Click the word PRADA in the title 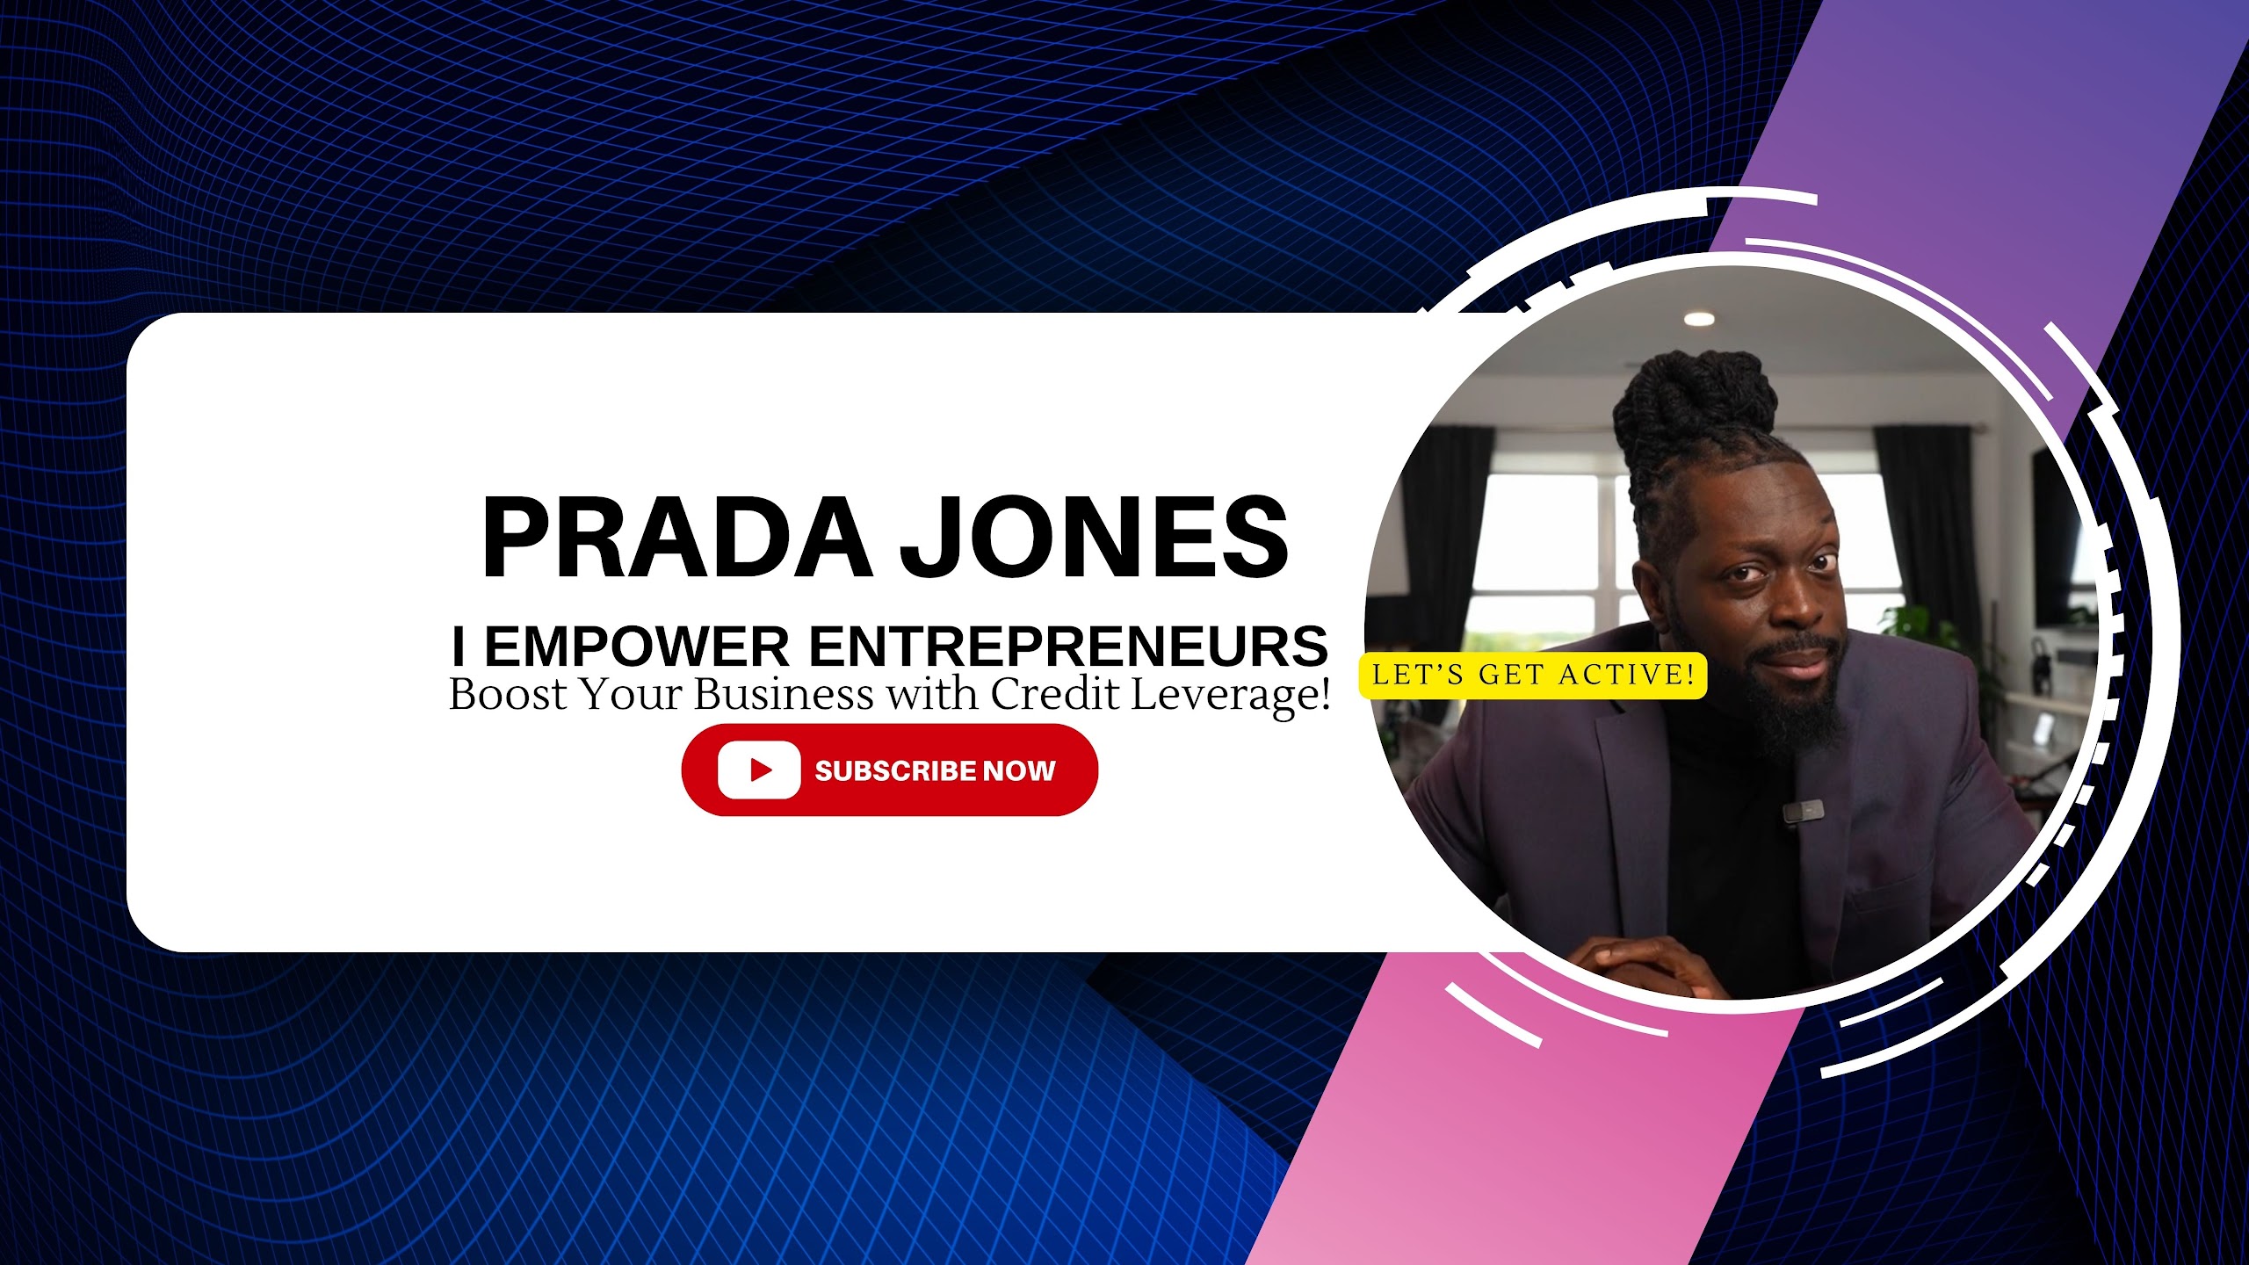677,537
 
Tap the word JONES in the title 1094,537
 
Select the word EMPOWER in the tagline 637,647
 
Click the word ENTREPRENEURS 1068,647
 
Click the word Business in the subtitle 785,694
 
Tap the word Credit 1055,694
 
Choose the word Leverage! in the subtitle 1230,696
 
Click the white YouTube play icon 759,770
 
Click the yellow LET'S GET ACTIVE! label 1533,676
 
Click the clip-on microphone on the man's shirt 1803,810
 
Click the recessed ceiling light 1699,319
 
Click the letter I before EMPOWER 458,647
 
